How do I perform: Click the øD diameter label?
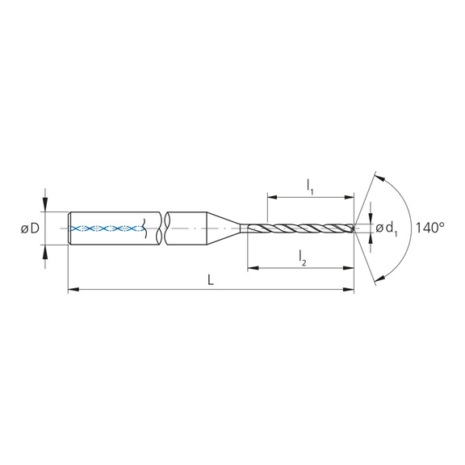[x=29, y=228]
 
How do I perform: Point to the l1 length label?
[x=310, y=186]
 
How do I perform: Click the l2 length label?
[x=302, y=256]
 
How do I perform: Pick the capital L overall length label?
[x=210, y=279]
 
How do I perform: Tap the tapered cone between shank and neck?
[x=227, y=228]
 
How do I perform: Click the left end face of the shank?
[x=68, y=228]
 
